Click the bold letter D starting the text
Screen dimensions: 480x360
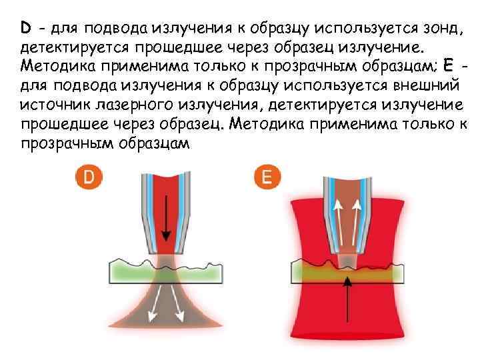tap(26, 29)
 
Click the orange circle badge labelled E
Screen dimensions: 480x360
tap(267, 177)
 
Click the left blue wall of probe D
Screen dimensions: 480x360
tap(148, 207)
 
